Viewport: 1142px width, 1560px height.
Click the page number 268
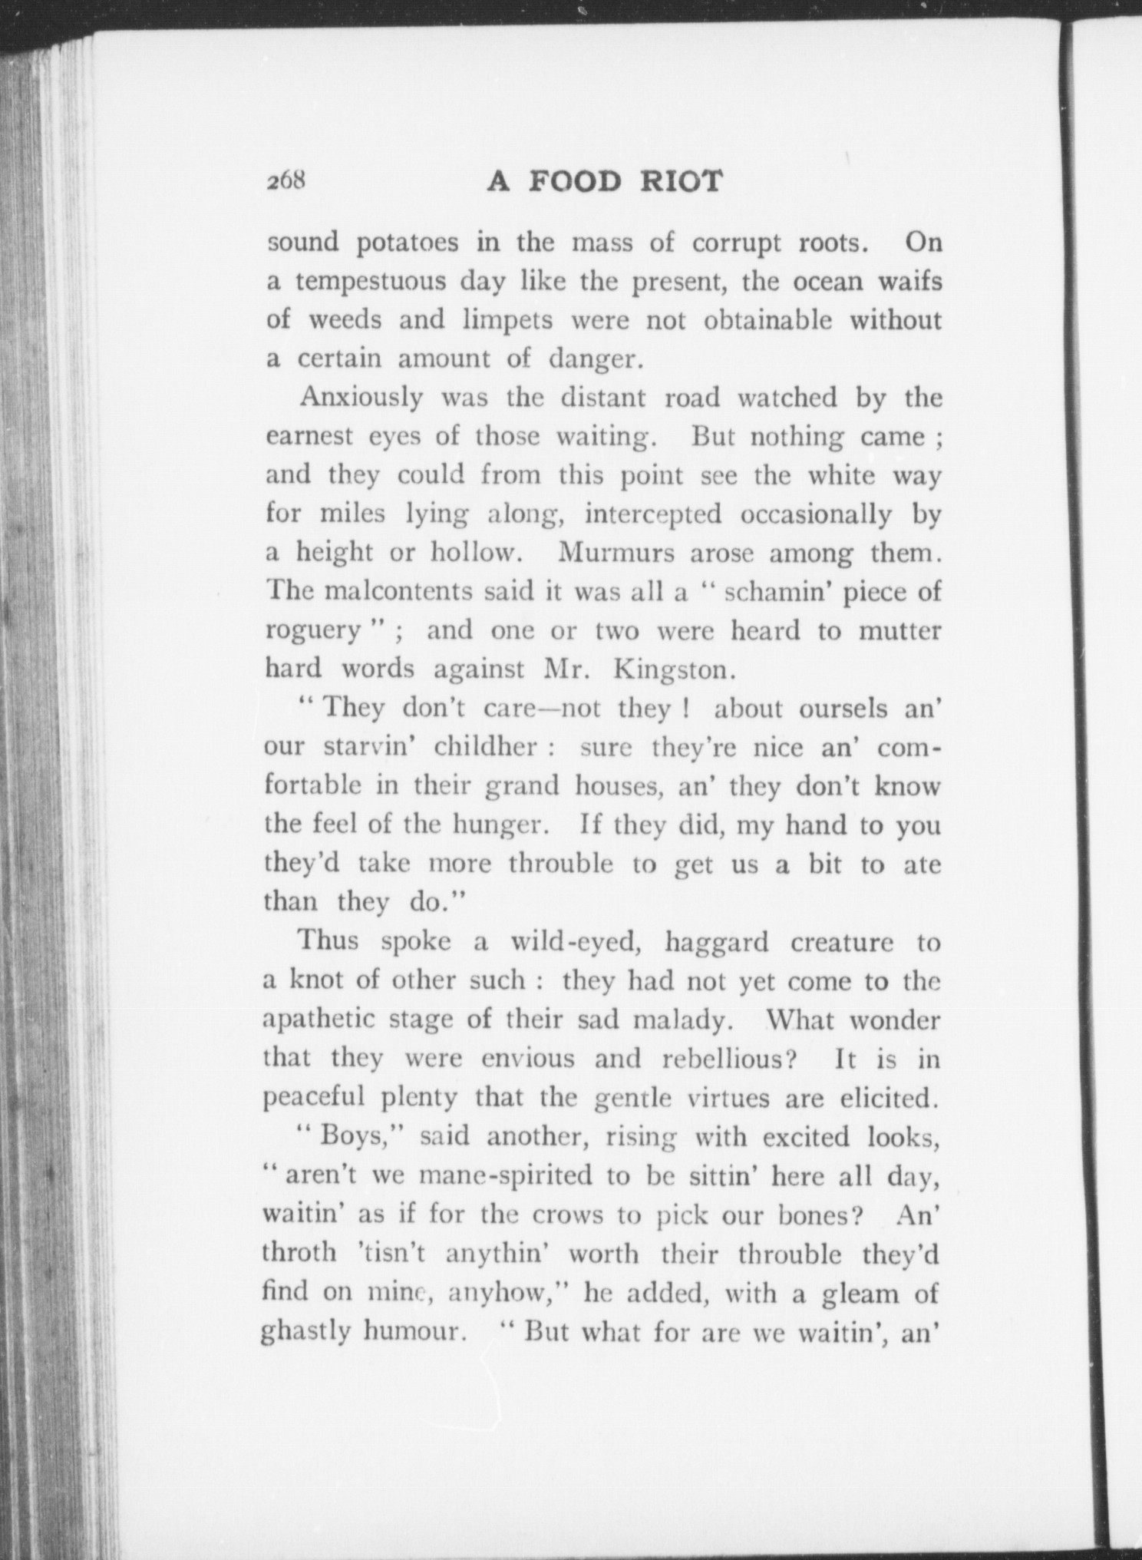(x=287, y=181)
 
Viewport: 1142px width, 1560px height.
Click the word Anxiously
(x=361, y=398)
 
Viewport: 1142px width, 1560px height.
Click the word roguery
(x=312, y=632)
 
